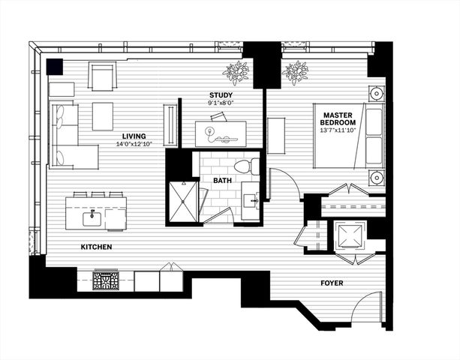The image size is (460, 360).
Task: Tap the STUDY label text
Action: [x=221, y=94]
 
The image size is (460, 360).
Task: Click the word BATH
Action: [x=222, y=181]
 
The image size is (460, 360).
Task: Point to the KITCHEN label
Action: [x=98, y=247]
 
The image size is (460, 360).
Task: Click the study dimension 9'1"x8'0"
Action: [x=221, y=103]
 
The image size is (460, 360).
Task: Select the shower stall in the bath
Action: [x=182, y=200]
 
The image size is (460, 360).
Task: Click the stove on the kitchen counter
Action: [x=106, y=281]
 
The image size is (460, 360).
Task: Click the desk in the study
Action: [x=226, y=133]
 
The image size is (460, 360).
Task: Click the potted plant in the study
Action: [x=238, y=73]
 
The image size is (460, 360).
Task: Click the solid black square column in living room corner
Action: [x=55, y=67]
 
